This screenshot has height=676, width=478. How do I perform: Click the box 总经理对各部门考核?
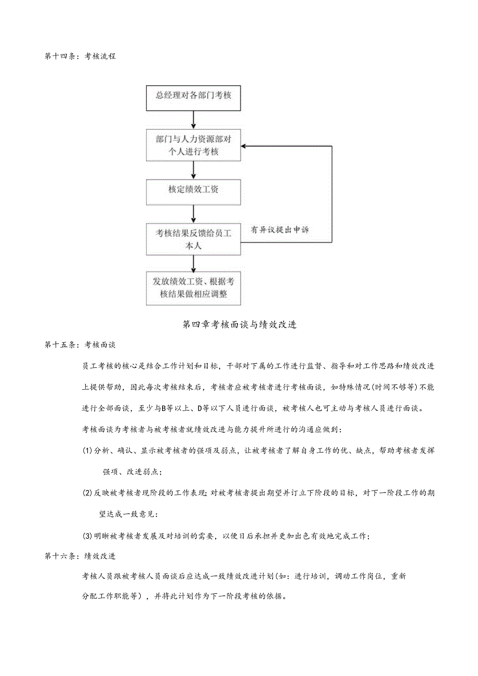point(193,98)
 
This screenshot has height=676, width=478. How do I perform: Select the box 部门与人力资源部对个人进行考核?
point(193,145)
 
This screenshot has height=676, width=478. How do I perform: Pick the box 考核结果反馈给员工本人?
point(193,239)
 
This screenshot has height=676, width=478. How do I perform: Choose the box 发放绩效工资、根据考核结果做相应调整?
point(193,288)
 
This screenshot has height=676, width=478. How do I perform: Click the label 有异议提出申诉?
point(280,229)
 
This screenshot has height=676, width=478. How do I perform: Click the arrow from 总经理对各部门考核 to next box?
point(193,120)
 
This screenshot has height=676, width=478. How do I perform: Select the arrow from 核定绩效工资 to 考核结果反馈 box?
point(193,213)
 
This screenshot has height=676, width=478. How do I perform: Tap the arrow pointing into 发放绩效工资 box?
point(193,263)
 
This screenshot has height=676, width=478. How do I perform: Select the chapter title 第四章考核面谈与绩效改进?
point(240,325)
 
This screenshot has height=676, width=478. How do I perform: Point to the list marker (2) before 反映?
point(87,493)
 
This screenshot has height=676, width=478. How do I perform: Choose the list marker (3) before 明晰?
point(87,536)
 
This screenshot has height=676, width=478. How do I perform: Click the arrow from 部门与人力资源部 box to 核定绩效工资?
point(193,169)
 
